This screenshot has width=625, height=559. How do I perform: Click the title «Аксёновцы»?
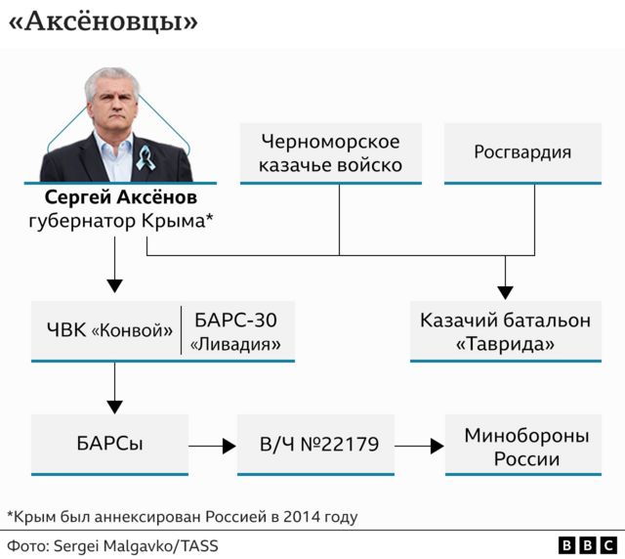[x=102, y=22]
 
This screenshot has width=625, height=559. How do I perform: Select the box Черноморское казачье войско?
[x=330, y=152]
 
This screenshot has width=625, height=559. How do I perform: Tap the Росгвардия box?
[x=522, y=152]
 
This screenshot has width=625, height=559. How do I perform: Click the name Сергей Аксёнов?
[x=120, y=198]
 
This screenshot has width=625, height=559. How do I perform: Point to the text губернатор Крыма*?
[x=120, y=222]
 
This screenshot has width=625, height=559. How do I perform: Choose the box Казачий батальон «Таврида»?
[x=505, y=331]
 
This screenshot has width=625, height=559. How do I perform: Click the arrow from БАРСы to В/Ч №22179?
[x=213, y=446]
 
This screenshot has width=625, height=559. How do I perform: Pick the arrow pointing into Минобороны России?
[x=420, y=446]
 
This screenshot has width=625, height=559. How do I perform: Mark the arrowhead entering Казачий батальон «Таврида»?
[x=505, y=290]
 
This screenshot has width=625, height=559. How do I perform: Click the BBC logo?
[x=587, y=544]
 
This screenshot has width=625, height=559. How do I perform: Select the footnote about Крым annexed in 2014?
[x=182, y=515]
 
